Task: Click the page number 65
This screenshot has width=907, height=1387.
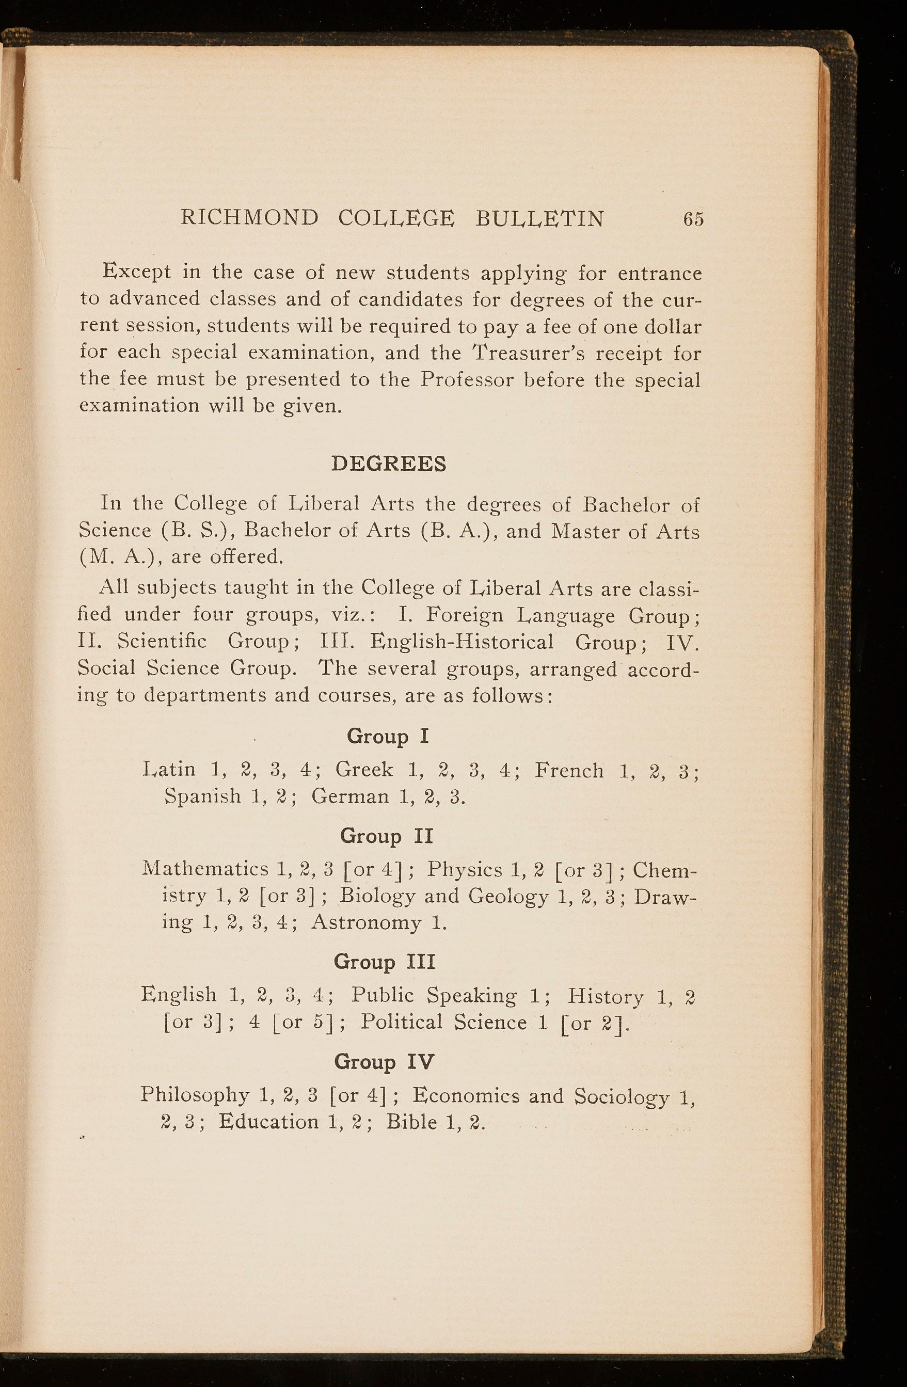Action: point(694,219)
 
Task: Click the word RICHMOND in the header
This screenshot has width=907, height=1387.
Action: point(250,218)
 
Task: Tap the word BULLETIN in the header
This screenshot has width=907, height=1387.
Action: point(540,218)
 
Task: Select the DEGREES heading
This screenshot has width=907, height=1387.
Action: point(388,464)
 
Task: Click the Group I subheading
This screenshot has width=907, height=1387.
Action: point(388,737)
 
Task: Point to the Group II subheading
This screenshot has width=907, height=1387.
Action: point(387,836)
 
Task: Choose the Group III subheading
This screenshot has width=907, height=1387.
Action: point(385,962)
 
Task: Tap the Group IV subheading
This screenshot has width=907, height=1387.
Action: point(384,1062)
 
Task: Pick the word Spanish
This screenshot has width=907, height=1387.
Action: point(202,796)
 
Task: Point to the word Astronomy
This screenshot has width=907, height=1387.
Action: point(365,922)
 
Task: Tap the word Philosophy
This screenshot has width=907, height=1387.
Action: point(195,1096)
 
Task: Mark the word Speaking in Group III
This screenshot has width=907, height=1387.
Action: point(472,997)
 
